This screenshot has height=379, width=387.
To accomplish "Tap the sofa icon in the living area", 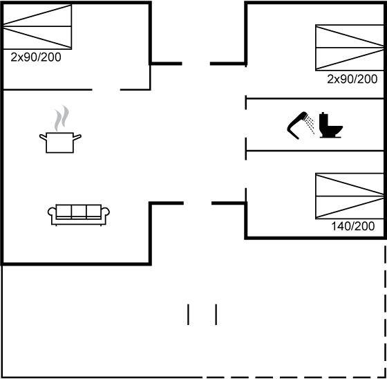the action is [x=79, y=215].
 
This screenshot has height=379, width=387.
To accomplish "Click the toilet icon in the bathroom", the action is [x=330, y=125].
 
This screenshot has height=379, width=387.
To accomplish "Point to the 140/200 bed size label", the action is [x=353, y=226].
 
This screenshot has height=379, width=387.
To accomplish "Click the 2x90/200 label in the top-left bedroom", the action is [x=36, y=57].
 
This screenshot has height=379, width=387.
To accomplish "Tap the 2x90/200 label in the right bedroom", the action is [x=352, y=80].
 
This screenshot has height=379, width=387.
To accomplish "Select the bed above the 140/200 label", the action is [x=350, y=196].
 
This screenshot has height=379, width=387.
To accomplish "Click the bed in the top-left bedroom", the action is [x=37, y=26].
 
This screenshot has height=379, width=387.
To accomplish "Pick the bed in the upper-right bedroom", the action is [x=350, y=48].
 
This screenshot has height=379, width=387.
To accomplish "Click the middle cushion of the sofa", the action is [x=79, y=211].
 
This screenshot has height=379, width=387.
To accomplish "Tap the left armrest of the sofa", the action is [x=52, y=213].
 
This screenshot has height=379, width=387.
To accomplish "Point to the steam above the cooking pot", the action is [x=62, y=118].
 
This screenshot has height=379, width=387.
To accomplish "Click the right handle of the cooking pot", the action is [x=77, y=138].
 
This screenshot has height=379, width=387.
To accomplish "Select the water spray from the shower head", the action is [x=310, y=125].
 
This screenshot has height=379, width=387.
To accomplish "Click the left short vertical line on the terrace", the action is [x=188, y=315].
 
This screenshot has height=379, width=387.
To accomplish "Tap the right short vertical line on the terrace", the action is [x=216, y=315].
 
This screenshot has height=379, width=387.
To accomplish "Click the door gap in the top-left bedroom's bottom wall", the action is [x=106, y=90].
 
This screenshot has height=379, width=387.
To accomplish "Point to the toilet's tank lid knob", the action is [x=323, y=113].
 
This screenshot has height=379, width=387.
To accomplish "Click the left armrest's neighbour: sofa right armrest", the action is [x=105, y=213].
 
